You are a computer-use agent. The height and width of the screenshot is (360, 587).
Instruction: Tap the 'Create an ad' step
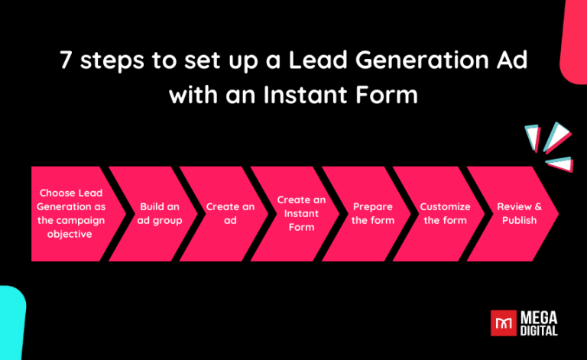point(230,213)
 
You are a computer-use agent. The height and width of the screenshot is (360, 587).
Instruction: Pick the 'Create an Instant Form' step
point(301,213)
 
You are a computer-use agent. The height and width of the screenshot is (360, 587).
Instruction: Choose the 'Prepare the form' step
point(373,213)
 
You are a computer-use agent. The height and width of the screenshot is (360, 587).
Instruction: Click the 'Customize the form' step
point(445,213)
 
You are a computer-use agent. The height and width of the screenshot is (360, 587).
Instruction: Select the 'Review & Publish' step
point(519,213)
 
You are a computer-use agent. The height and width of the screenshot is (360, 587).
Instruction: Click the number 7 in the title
point(66,61)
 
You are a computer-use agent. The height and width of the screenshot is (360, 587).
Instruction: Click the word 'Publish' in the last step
point(519,220)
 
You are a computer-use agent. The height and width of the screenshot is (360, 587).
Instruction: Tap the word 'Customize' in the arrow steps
point(445,206)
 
